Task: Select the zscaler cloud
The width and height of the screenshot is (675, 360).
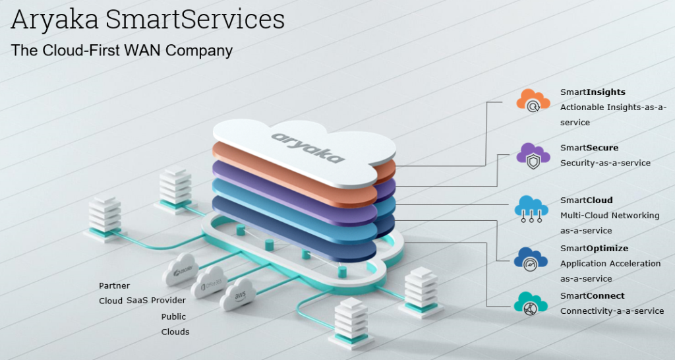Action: [x=180, y=270]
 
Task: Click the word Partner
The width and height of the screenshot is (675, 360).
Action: [x=114, y=285]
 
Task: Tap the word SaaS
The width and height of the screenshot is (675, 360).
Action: [x=136, y=300]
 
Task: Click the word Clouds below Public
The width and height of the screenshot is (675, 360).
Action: [x=175, y=332]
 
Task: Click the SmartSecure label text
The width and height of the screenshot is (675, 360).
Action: [x=589, y=148]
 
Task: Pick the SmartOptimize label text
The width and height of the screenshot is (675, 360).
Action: [x=594, y=248]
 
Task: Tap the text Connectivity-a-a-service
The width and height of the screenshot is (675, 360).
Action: [x=612, y=311]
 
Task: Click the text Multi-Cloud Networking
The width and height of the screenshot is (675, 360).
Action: [x=609, y=215]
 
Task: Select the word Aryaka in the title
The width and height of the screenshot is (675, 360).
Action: [x=55, y=19]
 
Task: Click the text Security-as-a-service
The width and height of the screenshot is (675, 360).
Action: [x=605, y=163]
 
